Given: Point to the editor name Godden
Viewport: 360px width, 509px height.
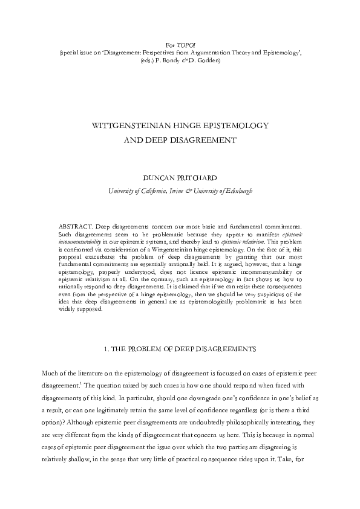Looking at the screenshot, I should pyautogui.click(x=209, y=61).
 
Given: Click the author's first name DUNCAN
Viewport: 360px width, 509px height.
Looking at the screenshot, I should pyautogui.click(x=156, y=180).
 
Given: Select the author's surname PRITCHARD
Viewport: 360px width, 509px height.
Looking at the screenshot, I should pyautogui.click(x=196, y=180).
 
